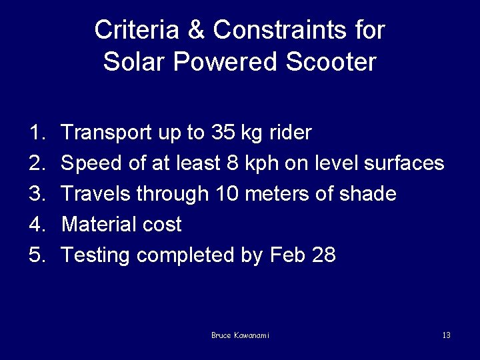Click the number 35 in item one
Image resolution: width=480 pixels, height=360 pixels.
tap(222, 133)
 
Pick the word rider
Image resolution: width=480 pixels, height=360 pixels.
tap(290, 133)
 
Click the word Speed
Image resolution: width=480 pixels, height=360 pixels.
tap(89, 163)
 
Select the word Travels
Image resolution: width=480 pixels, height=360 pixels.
tap(96, 194)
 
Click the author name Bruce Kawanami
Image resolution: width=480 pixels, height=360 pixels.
tap(240, 335)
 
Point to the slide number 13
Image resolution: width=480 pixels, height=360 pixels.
tap(446, 335)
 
